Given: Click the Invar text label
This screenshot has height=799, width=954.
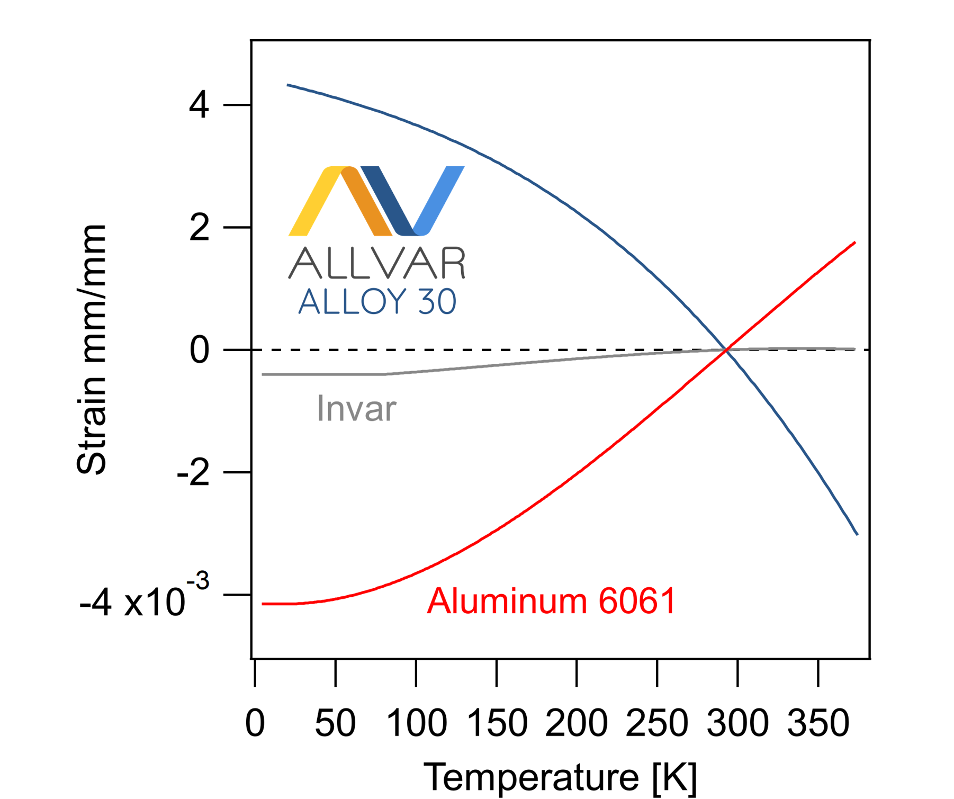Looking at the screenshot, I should click(x=356, y=409).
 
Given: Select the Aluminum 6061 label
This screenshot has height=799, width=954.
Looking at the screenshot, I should click(x=551, y=602).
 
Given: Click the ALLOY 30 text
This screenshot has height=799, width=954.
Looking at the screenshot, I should click(x=377, y=302).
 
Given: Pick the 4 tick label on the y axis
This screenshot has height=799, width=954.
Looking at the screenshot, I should click(x=199, y=105).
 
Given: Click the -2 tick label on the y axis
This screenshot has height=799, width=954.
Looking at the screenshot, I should click(x=193, y=472).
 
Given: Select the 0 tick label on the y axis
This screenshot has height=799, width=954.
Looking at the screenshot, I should click(x=200, y=350).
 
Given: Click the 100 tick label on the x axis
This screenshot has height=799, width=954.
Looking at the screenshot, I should click(x=417, y=723).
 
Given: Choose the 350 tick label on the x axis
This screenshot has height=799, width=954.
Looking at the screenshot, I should click(x=818, y=723).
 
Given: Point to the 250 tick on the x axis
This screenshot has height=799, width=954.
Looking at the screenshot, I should click(x=657, y=672).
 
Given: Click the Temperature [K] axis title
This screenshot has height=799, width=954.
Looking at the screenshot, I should click(x=560, y=777).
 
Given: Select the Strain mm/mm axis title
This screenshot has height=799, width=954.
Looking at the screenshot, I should click(x=91, y=349).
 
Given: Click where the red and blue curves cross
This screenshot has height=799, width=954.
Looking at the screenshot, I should click(x=728, y=349).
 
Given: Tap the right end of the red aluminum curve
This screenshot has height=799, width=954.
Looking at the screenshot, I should click(x=854, y=243).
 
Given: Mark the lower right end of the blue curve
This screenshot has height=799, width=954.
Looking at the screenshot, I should click(x=857, y=534).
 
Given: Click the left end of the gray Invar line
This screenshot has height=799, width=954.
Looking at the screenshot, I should click(x=263, y=374).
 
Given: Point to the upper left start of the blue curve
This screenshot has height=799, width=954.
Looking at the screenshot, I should click(x=288, y=85).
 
